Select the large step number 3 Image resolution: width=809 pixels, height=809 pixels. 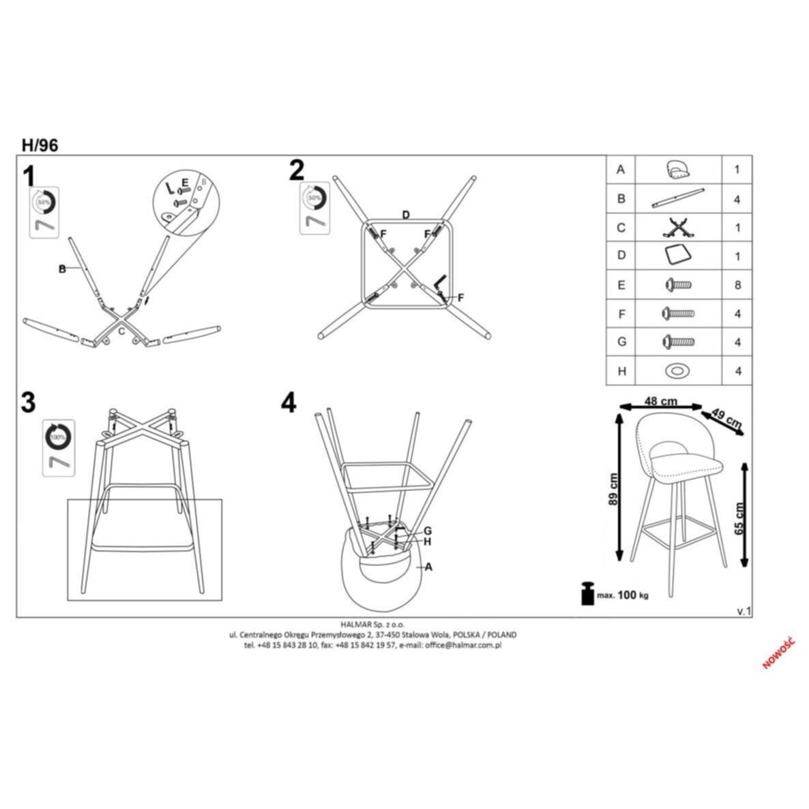click(28, 402)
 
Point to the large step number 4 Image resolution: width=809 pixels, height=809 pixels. click(289, 402)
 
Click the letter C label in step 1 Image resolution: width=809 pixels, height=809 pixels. click(121, 331)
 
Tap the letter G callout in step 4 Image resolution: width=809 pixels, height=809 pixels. click(427, 531)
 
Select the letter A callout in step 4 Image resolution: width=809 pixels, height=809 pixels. click(428, 566)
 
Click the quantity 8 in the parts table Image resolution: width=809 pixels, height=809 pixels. click(737, 285)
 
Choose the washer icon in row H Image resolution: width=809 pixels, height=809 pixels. click(677, 371)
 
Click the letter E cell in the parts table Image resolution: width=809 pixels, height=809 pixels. click(621, 285)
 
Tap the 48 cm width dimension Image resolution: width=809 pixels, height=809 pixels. click(660, 401)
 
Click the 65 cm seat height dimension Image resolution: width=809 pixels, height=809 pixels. click(740, 518)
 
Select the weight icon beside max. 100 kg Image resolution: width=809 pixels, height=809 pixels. click(586, 593)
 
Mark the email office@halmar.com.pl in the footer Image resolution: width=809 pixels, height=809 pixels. click(463, 645)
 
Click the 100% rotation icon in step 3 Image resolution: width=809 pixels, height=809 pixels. click(58, 435)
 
